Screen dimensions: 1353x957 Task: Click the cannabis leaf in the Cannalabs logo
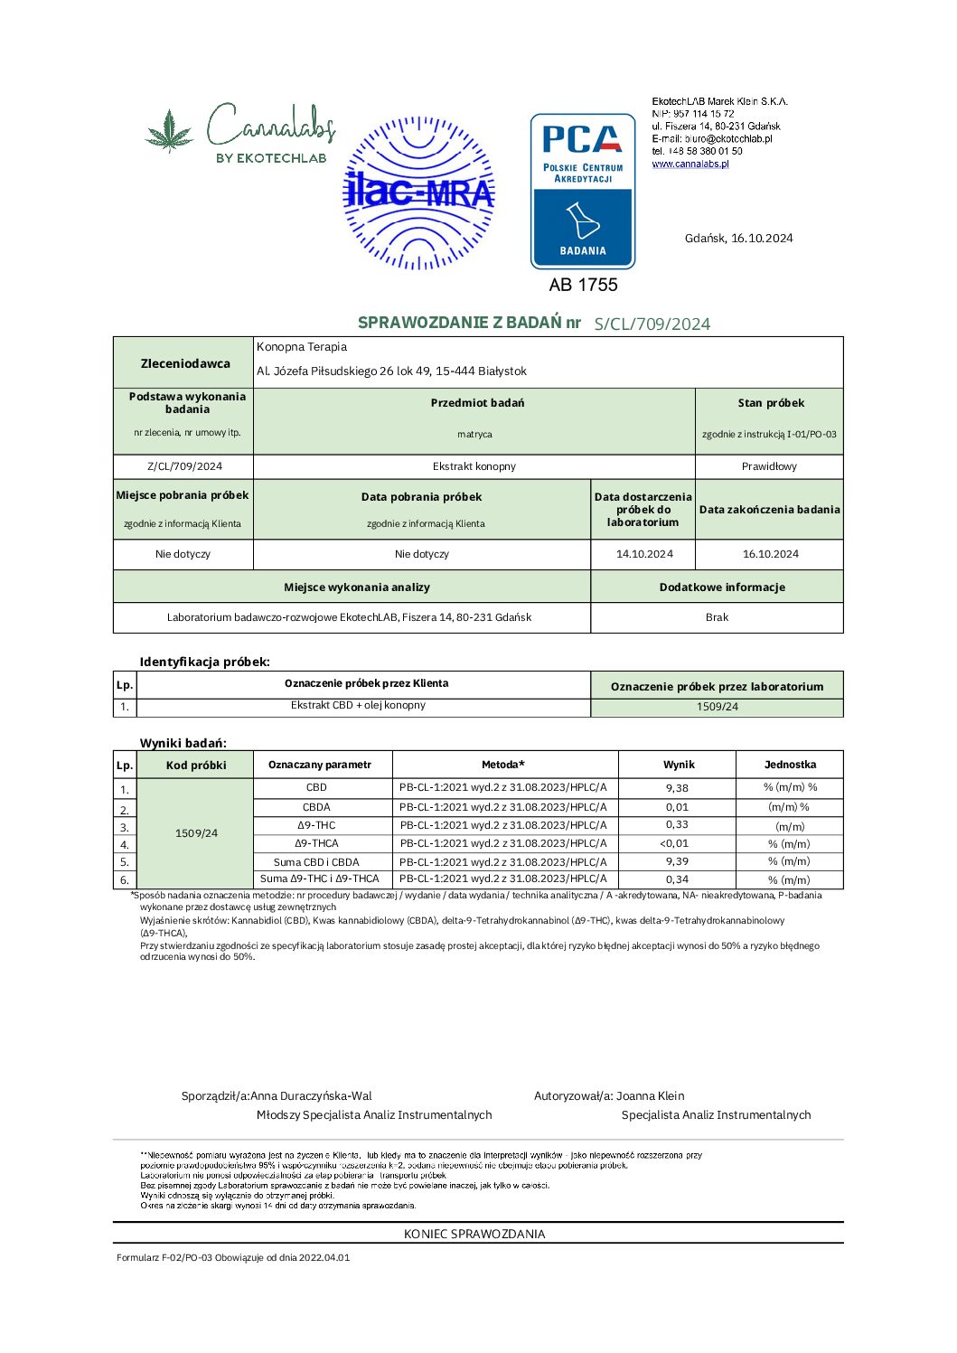170,130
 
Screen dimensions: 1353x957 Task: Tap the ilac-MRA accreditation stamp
419,193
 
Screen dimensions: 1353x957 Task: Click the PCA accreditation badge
583,191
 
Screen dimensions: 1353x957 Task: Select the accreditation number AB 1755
583,285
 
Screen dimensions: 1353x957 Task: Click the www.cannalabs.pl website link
690,164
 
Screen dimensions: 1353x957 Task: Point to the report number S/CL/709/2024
652,324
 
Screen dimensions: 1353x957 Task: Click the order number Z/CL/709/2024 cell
184,466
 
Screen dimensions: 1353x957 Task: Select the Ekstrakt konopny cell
474,466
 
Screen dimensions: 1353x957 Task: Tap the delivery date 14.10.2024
644,554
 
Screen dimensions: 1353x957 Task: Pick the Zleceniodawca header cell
184,363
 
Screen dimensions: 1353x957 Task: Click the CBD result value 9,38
677,788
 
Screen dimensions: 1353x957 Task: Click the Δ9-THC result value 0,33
677,824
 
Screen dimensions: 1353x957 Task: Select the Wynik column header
679,765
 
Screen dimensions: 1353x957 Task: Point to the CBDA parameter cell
316,807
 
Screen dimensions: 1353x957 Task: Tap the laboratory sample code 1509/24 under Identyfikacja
717,707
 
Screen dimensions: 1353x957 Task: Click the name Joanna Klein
651,1095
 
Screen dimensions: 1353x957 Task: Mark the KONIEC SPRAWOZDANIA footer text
474,1234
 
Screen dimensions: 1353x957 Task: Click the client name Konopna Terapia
302,347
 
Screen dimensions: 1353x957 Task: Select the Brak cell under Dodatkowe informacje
717,617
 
